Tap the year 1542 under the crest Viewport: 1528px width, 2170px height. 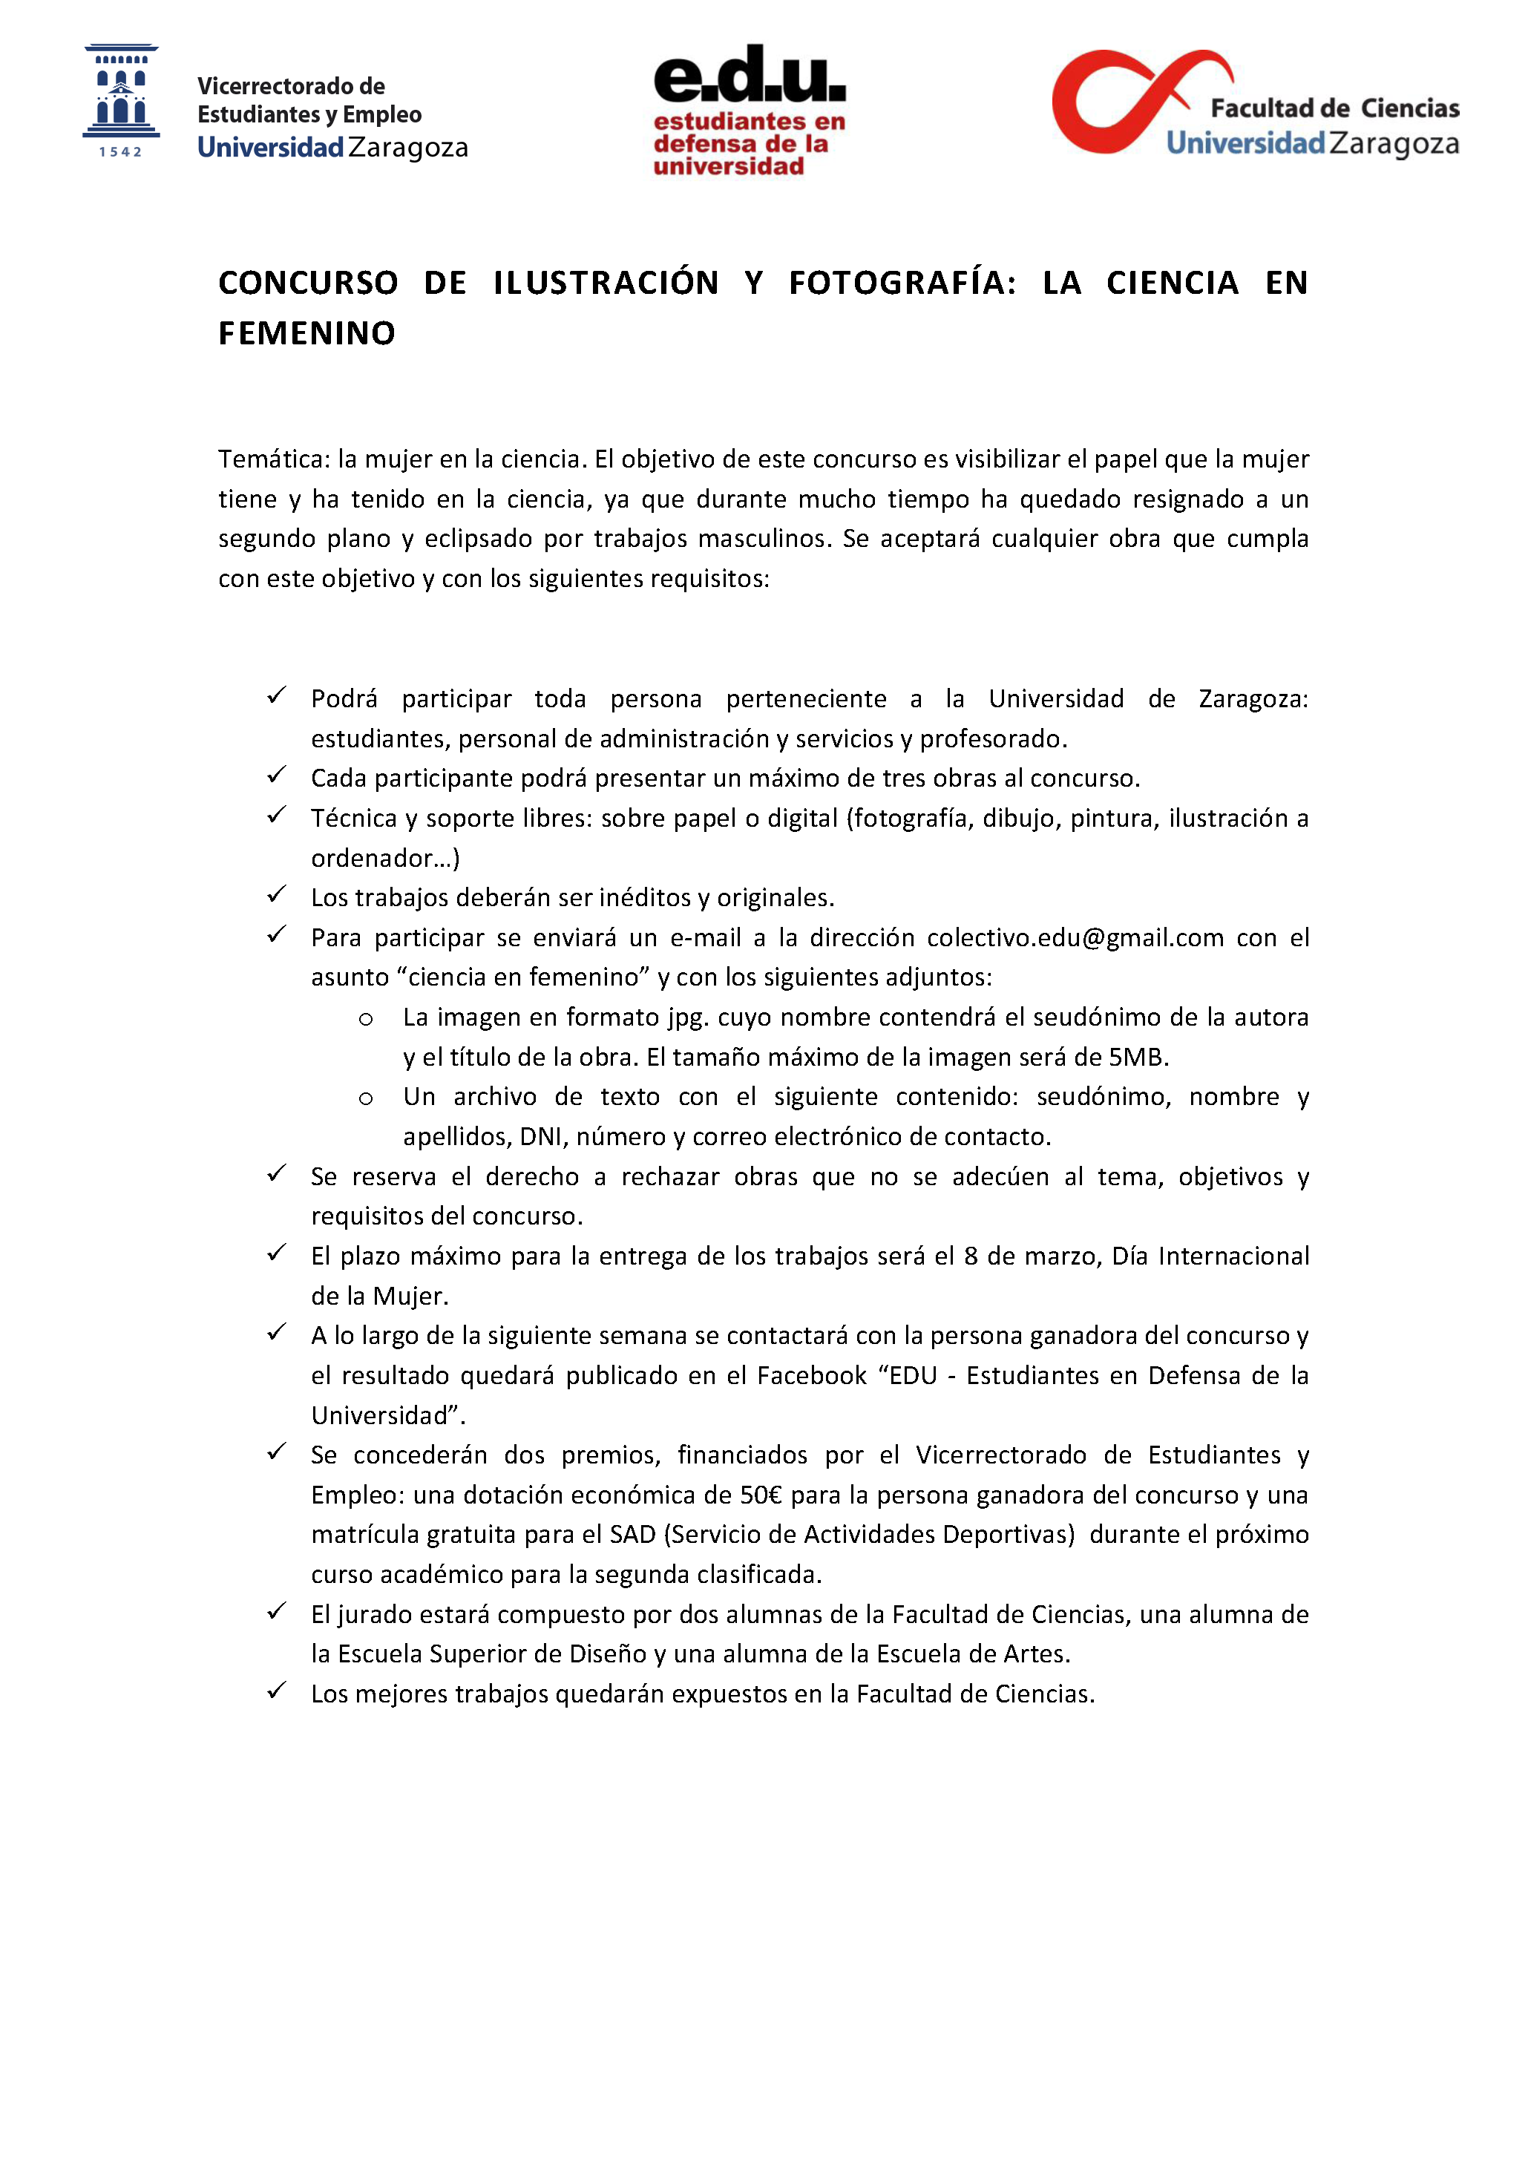[121, 152]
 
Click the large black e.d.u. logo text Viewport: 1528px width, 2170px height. [750, 75]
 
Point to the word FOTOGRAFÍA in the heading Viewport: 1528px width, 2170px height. [902, 283]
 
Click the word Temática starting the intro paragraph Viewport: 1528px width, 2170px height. [273, 459]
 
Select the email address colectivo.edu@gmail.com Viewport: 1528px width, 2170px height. [1075, 937]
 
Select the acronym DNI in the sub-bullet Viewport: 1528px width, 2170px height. [540, 1137]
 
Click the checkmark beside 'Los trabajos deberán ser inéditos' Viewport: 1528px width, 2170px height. [276, 894]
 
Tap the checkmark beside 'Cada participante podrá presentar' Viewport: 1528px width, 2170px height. [276, 775]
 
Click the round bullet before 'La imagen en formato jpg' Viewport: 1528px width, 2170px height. [366, 1019]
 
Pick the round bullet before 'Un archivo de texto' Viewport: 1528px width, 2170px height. [366, 1098]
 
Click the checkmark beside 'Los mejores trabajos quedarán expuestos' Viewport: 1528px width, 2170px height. [276, 1691]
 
